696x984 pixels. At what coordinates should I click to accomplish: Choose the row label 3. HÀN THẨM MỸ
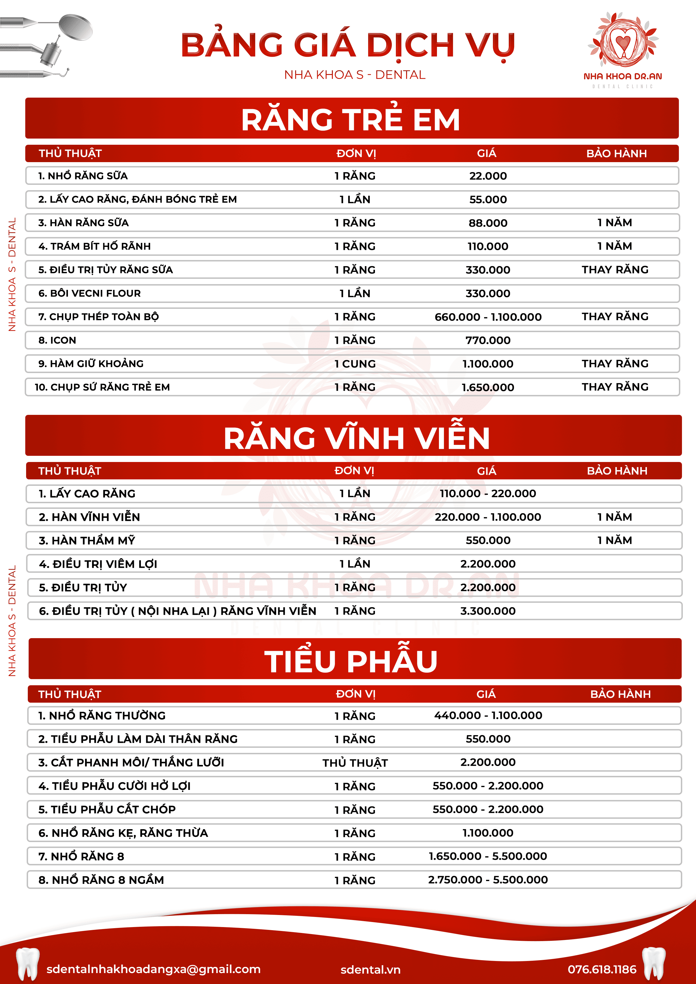(87, 541)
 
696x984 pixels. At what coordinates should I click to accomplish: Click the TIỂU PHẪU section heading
(351, 661)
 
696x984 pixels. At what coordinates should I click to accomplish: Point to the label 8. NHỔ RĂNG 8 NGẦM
(101, 880)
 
